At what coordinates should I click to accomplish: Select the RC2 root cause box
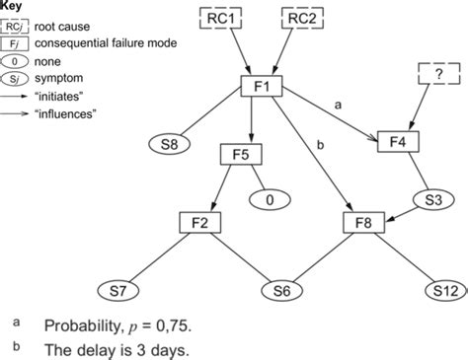point(308,18)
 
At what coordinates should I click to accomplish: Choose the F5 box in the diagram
point(242,155)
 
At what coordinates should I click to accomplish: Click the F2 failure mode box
point(199,224)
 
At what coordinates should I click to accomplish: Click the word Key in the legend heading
point(13,5)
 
